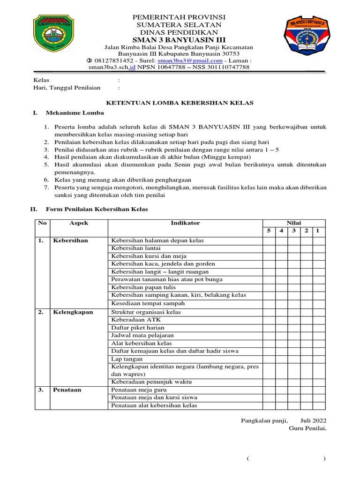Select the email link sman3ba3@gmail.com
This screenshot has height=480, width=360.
tap(190, 60)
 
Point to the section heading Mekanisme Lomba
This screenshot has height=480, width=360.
tap(75, 113)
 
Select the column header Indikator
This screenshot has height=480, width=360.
tap(185, 223)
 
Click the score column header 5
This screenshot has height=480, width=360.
tap(269, 231)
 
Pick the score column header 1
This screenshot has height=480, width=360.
tap(317, 231)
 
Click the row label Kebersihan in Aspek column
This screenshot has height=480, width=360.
tap(70, 240)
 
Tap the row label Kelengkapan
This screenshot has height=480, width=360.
tap(73, 312)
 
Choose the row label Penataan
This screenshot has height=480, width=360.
tap(67, 390)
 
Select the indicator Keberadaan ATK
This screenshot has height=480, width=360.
tap(129, 320)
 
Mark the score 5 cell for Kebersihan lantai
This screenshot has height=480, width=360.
tap(269, 248)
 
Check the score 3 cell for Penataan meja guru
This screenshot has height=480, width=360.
tap(293, 390)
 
